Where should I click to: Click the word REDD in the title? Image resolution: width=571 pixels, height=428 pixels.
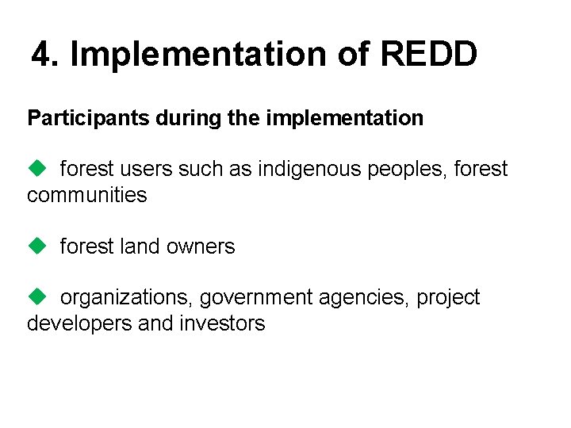(x=429, y=55)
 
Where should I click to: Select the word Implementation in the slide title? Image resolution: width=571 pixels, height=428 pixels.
(x=201, y=55)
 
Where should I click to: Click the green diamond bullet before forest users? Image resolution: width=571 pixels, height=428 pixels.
(x=36, y=168)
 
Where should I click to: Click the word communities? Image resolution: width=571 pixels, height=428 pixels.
(x=86, y=195)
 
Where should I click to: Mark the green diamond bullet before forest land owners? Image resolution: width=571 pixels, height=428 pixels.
(x=36, y=246)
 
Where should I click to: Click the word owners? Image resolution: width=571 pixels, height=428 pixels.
(x=204, y=246)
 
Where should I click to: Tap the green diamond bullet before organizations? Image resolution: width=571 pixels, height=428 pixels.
(x=36, y=296)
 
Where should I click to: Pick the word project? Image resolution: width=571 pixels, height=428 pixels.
(x=448, y=298)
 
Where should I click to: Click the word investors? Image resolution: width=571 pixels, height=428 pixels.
(x=223, y=323)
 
